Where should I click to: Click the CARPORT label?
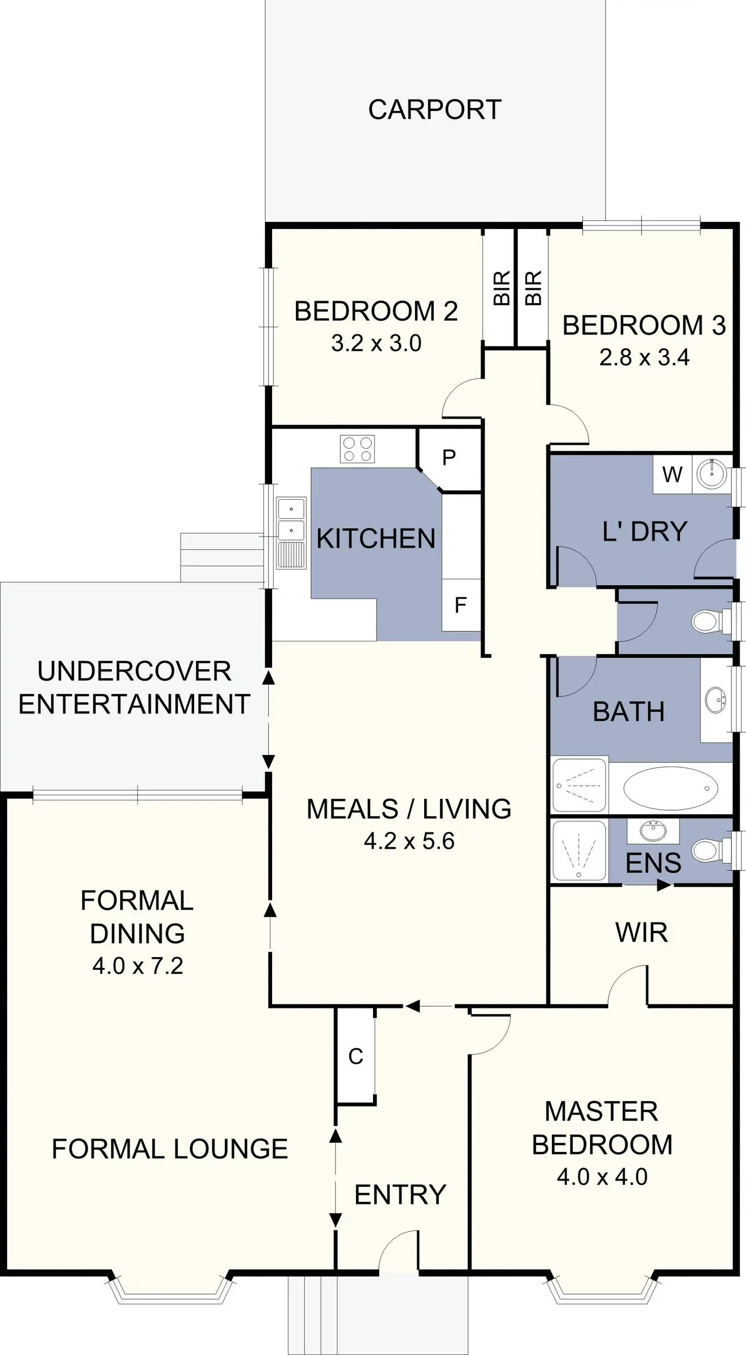(434, 110)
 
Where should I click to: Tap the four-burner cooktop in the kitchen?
(357, 449)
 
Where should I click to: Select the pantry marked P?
(449, 458)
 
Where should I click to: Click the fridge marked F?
(460, 605)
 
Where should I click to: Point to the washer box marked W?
(673, 474)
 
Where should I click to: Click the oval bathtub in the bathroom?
(669, 788)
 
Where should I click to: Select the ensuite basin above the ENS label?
(653, 831)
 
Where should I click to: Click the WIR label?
(641, 932)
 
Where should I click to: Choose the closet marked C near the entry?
(356, 1056)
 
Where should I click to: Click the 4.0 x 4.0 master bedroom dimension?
(602, 1177)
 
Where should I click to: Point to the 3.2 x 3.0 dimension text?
(376, 344)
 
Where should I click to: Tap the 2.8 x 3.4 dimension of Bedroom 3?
(644, 358)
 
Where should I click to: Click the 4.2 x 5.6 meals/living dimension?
(409, 841)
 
